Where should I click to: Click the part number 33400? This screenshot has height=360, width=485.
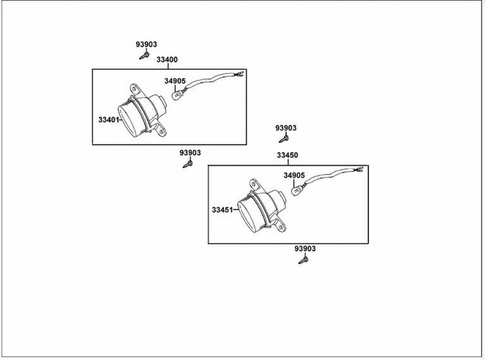click(167, 60)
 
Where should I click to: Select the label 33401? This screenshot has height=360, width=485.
click(109, 119)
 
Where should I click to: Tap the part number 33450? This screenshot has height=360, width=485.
click(287, 156)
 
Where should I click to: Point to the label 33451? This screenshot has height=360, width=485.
click(223, 210)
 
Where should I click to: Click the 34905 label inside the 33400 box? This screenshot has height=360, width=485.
click(175, 81)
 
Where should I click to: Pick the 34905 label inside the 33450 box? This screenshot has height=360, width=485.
click(294, 175)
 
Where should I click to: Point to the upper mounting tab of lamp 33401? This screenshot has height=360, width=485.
click(134, 89)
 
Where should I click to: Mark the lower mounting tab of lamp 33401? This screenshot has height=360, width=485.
click(162, 131)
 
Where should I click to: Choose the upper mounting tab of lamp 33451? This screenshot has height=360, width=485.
click(253, 184)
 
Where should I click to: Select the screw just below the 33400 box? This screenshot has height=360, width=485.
click(187, 164)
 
